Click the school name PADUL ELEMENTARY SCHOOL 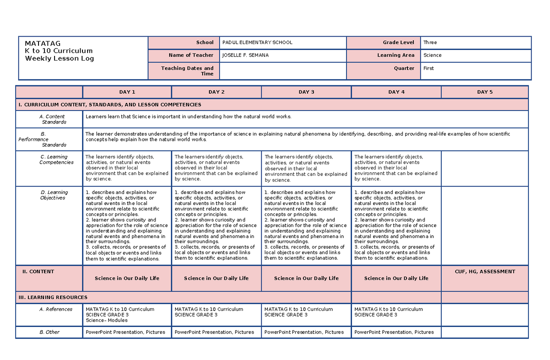click(x=257, y=43)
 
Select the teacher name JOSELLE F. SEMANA click(x=245, y=55)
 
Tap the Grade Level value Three click(x=430, y=43)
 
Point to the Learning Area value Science click(x=432, y=55)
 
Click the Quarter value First click(x=429, y=68)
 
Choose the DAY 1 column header click(x=127, y=92)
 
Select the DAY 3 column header click(x=306, y=92)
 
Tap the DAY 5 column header click(x=484, y=92)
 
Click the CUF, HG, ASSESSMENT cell click(x=484, y=272)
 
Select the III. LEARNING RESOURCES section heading click(x=53, y=298)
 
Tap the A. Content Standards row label click(x=53, y=119)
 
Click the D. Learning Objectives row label click(x=54, y=195)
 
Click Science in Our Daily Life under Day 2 click(x=216, y=278)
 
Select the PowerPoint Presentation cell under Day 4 click(x=394, y=332)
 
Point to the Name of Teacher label click(x=191, y=55)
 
